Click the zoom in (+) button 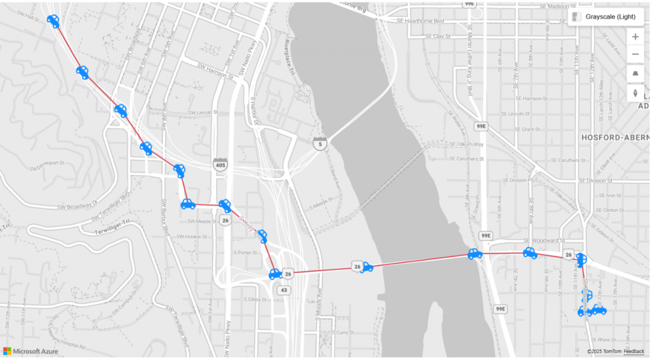pyautogui.click(x=635, y=37)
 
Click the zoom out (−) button pyautogui.click(x=635, y=55)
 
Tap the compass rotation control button pyautogui.click(x=635, y=94)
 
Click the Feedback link pyautogui.click(x=633, y=351)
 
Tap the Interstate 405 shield pyautogui.click(x=220, y=164)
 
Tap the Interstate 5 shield pyautogui.click(x=319, y=143)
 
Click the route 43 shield pyautogui.click(x=283, y=290)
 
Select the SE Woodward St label pyautogui.click(x=544, y=241)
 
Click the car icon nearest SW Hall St pyautogui.click(x=53, y=22)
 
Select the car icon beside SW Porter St pyautogui.click(x=262, y=237)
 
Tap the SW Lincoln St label pyautogui.click(x=201, y=112)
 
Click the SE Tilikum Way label pyautogui.click(x=466, y=144)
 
